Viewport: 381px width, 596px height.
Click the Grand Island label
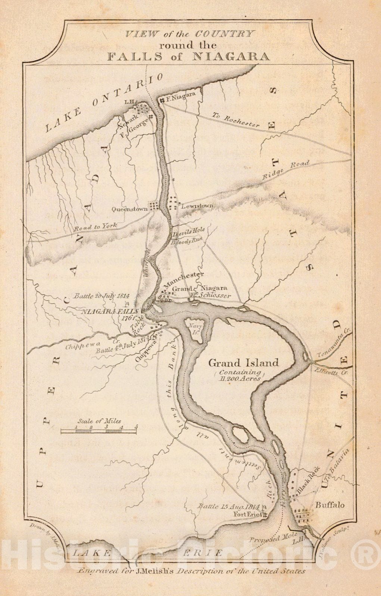click(x=243, y=362)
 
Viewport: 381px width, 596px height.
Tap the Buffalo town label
click(x=330, y=505)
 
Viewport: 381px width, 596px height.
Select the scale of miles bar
click(x=99, y=431)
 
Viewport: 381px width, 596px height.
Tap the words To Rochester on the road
click(x=235, y=120)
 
